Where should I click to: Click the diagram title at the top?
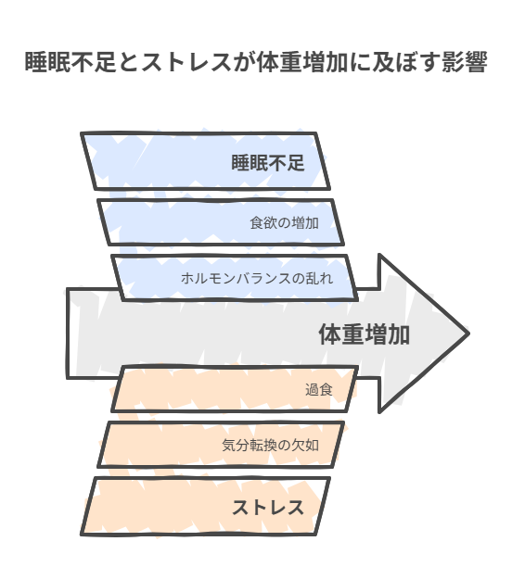tap(256, 62)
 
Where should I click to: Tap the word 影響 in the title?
tap(465, 62)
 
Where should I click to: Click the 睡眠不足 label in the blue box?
tap(268, 163)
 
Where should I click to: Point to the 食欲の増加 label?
tap(284, 223)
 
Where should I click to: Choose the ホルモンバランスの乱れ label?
tap(257, 278)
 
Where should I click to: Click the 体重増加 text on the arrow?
tap(365, 334)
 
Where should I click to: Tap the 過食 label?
tap(319, 390)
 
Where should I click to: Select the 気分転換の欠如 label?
tap(270, 445)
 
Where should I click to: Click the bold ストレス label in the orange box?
tap(268, 508)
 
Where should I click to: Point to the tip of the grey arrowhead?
tap(468, 334)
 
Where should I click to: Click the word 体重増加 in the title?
tap(301, 62)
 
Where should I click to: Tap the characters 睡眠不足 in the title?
tap(70, 62)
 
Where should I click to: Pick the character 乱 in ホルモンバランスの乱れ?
tap(313, 278)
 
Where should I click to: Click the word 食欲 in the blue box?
tap(263, 223)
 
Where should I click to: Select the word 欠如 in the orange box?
tap(305, 445)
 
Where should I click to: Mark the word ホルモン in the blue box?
tap(209, 278)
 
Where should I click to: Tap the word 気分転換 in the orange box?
tap(250, 445)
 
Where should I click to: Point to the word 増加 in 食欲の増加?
tap(305, 223)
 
